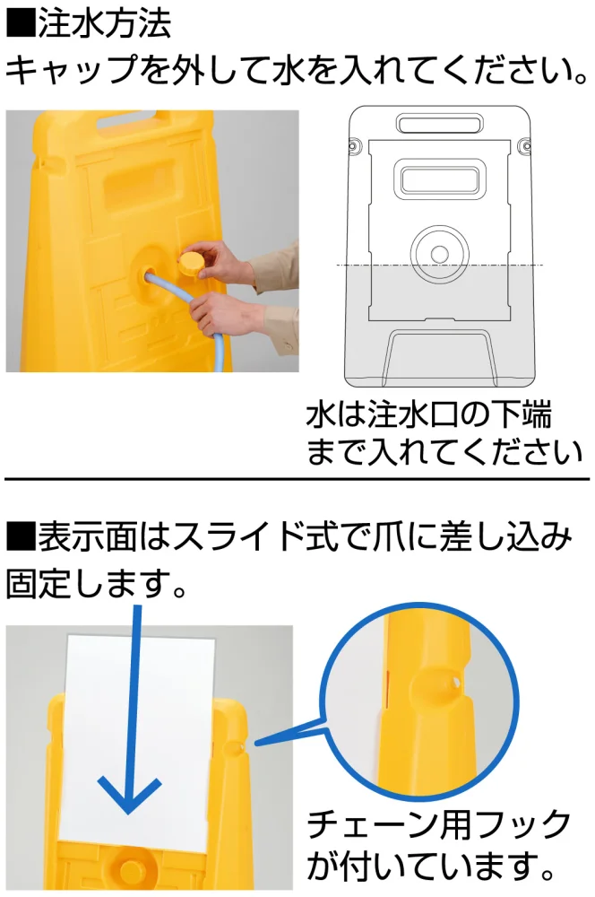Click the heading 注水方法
[105, 24]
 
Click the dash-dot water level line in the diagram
[439, 265]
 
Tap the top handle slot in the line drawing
[439, 124]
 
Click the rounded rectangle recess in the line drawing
[439, 179]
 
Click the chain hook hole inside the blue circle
[455, 682]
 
